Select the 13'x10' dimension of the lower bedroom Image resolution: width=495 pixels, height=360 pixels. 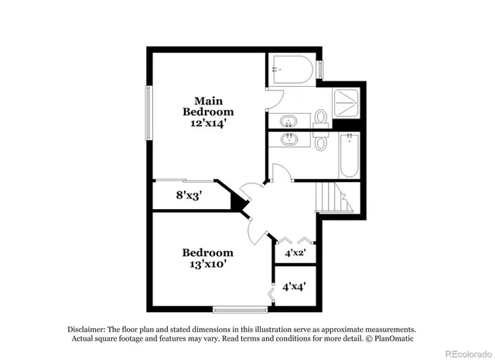tap(207, 264)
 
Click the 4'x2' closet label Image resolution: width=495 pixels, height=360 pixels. tap(295, 252)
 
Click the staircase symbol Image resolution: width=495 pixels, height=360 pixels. tap(334, 199)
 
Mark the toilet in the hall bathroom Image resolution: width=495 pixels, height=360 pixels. tap(322, 142)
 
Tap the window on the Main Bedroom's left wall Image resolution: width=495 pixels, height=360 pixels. tap(148, 113)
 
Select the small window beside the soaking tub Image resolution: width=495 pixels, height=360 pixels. tap(321, 68)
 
